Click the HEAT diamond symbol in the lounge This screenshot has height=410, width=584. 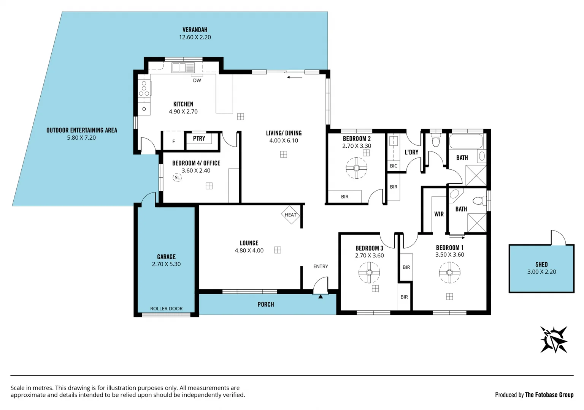[290, 215]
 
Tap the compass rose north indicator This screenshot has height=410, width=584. [554, 339]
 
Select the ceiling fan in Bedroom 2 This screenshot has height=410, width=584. [357, 168]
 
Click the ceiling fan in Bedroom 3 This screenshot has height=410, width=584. [369, 272]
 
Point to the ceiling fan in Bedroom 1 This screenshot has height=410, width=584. [449, 272]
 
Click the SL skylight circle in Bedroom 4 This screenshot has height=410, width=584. [177, 177]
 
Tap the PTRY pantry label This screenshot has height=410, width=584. [199, 139]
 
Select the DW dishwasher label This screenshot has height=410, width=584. [197, 80]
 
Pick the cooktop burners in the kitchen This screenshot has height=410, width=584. [144, 88]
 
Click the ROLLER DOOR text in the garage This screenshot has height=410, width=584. [166, 309]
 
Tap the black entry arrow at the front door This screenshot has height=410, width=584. [321, 296]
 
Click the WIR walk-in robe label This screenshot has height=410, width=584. [439, 214]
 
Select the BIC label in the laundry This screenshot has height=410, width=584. [394, 166]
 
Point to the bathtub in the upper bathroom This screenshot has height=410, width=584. [466, 141]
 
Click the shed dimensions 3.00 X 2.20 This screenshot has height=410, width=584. [541, 272]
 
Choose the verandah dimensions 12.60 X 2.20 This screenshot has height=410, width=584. [195, 37]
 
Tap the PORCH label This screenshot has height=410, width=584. [265, 304]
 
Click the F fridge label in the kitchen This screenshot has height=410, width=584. [174, 141]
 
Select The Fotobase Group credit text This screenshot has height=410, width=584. [549, 395]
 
